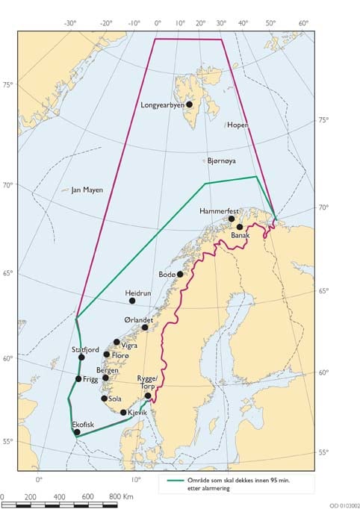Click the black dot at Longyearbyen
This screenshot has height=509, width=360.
point(190,104)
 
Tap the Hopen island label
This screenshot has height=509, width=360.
point(237,125)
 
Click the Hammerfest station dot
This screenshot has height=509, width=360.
point(232,219)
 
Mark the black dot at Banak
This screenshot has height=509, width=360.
point(240,227)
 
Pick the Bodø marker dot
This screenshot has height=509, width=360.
point(180,275)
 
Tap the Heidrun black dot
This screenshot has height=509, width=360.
point(132,301)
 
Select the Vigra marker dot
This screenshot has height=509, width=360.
point(117,343)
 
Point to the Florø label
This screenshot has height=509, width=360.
point(122,355)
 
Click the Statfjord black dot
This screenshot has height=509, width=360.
point(81,357)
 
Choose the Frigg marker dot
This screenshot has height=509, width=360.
point(78,379)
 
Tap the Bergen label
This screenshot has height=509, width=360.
point(108,370)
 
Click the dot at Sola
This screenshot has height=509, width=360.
point(105,399)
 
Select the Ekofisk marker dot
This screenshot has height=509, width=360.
point(77,432)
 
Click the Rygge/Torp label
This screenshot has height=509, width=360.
point(146,383)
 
